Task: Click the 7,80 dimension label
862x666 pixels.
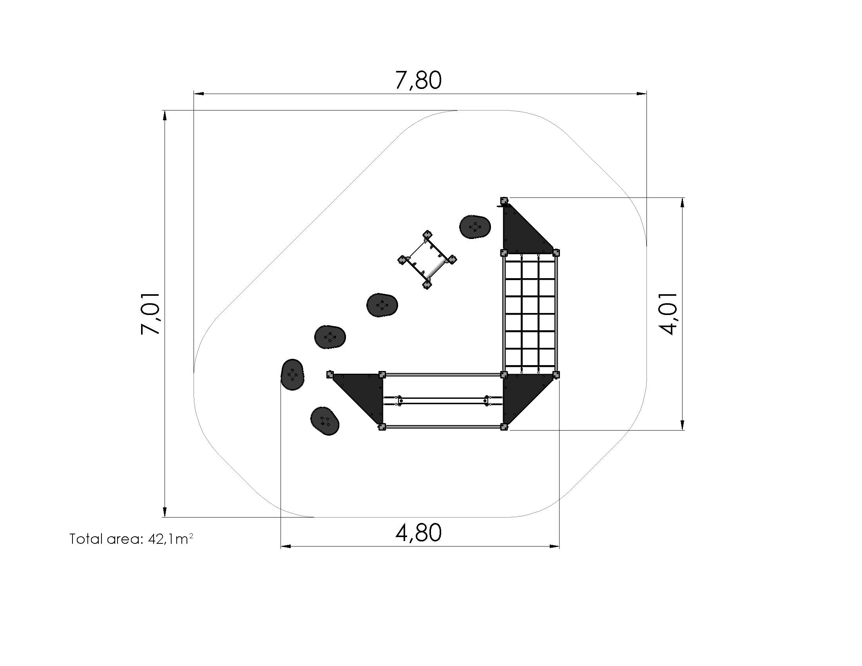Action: click(418, 80)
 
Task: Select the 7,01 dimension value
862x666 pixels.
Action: click(150, 314)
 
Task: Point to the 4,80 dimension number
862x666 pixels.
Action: click(418, 533)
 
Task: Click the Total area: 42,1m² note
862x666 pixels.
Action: click(131, 539)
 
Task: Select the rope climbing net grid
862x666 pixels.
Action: click(530, 314)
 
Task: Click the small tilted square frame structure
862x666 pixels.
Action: click(427, 260)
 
